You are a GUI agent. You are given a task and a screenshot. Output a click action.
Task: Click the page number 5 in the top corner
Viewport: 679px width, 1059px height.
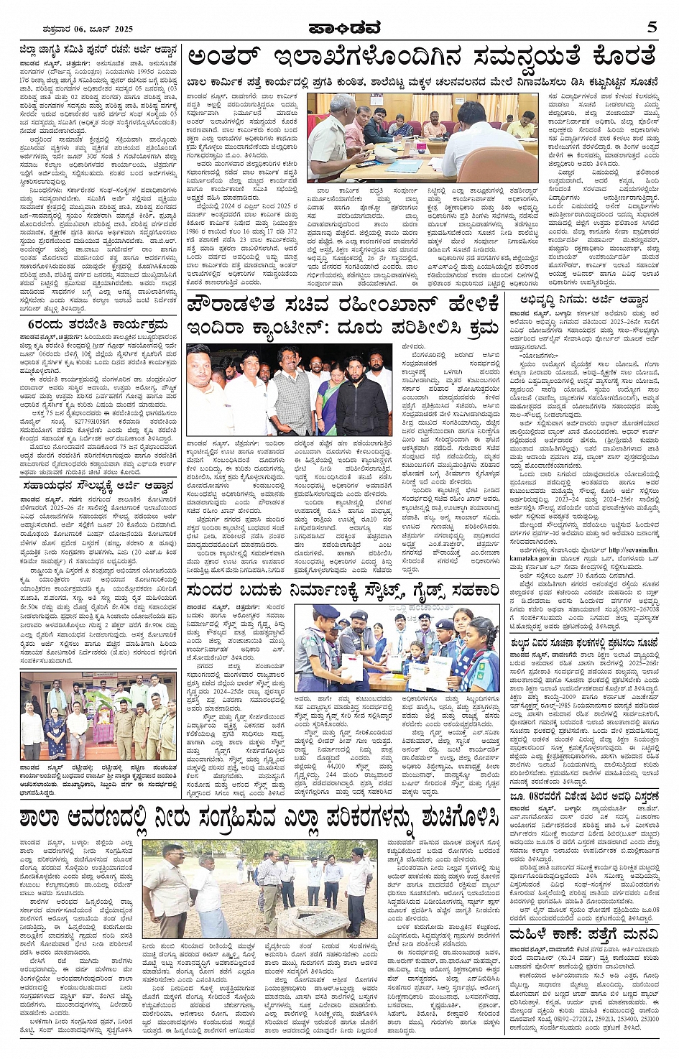pyautogui.click(x=652, y=28)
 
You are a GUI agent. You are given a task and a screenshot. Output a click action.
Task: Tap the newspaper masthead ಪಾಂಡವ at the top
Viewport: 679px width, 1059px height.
pyautogui.click(x=339, y=28)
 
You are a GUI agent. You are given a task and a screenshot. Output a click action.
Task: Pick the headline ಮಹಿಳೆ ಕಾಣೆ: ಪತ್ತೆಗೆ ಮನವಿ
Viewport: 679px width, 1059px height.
pyautogui.click(x=583, y=934)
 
